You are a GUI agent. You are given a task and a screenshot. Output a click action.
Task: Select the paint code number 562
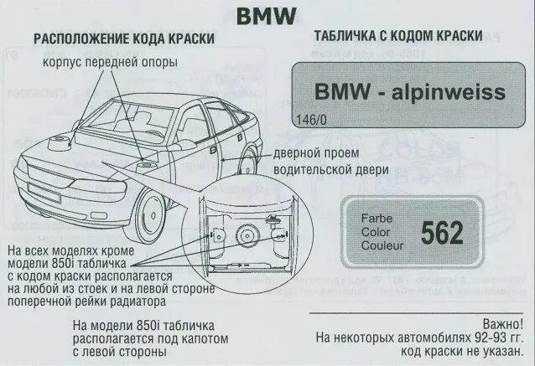[x=441, y=233]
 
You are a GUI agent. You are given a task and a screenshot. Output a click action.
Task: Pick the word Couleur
[x=382, y=246]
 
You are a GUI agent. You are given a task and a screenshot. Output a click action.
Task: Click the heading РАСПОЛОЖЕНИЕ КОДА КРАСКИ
[x=123, y=39]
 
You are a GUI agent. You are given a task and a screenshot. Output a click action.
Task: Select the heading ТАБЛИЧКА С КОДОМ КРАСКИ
[x=397, y=37]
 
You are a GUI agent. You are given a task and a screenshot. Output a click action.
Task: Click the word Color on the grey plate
[x=376, y=232]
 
